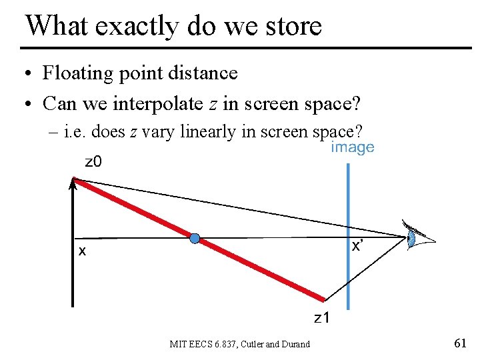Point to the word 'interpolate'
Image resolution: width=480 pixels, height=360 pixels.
(151, 104)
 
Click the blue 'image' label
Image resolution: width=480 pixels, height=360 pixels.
(353, 147)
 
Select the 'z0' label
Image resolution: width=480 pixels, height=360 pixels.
(93, 162)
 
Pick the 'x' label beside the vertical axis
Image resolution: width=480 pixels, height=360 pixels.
(82, 251)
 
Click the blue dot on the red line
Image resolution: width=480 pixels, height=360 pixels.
(195, 238)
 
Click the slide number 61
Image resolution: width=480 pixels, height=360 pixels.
(459, 343)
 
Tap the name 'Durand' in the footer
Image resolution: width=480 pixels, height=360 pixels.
(295, 344)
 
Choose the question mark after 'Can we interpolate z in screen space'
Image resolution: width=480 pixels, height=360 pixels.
(356, 104)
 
